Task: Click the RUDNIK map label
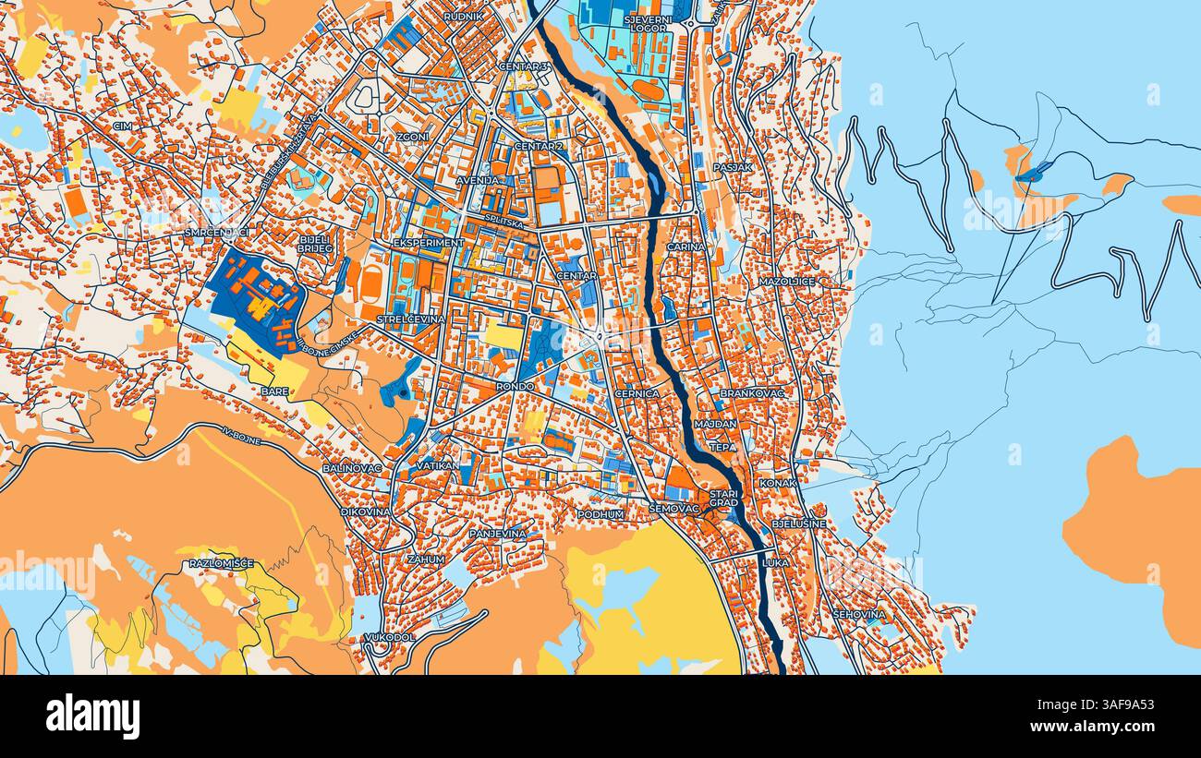point(463,17)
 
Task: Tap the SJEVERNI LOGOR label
point(648,23)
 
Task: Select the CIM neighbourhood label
point(122,126)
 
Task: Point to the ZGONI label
point(412,137)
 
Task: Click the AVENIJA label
point(479,180)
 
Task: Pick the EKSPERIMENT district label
point(428,243)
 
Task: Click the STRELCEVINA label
point(410,319)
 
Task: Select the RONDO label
point(515,386)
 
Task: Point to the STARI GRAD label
point(723,499)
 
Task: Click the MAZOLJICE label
point(786,281)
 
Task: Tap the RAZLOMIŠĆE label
point(221,563)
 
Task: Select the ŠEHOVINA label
point(858,614)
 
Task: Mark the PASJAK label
point(733,167)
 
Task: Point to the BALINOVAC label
point(352,469)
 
